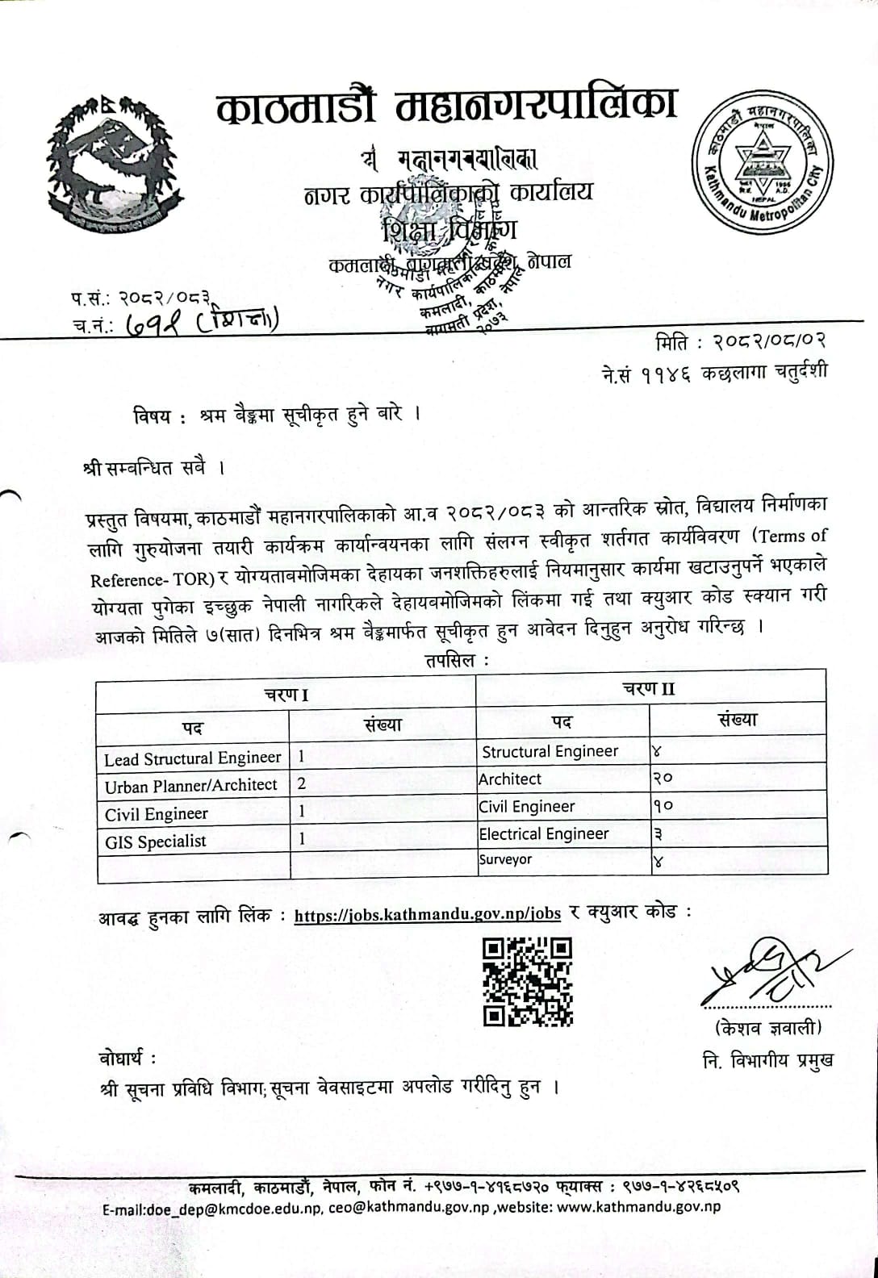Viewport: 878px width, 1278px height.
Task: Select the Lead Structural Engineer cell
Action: (193, 758)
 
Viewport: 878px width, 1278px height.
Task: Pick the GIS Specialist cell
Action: (156, 841)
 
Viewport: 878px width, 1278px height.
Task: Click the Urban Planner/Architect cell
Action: (191, 785)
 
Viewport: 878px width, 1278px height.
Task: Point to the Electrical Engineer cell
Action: (544, 833)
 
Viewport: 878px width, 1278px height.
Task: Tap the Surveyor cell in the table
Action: (505, 859)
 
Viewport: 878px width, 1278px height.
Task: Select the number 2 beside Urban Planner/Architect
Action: (302, 783)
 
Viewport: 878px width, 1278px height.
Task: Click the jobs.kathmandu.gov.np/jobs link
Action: (428, 914)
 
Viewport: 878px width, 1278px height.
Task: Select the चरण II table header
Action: (649, 688)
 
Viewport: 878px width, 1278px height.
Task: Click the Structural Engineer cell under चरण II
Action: (550, 751)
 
